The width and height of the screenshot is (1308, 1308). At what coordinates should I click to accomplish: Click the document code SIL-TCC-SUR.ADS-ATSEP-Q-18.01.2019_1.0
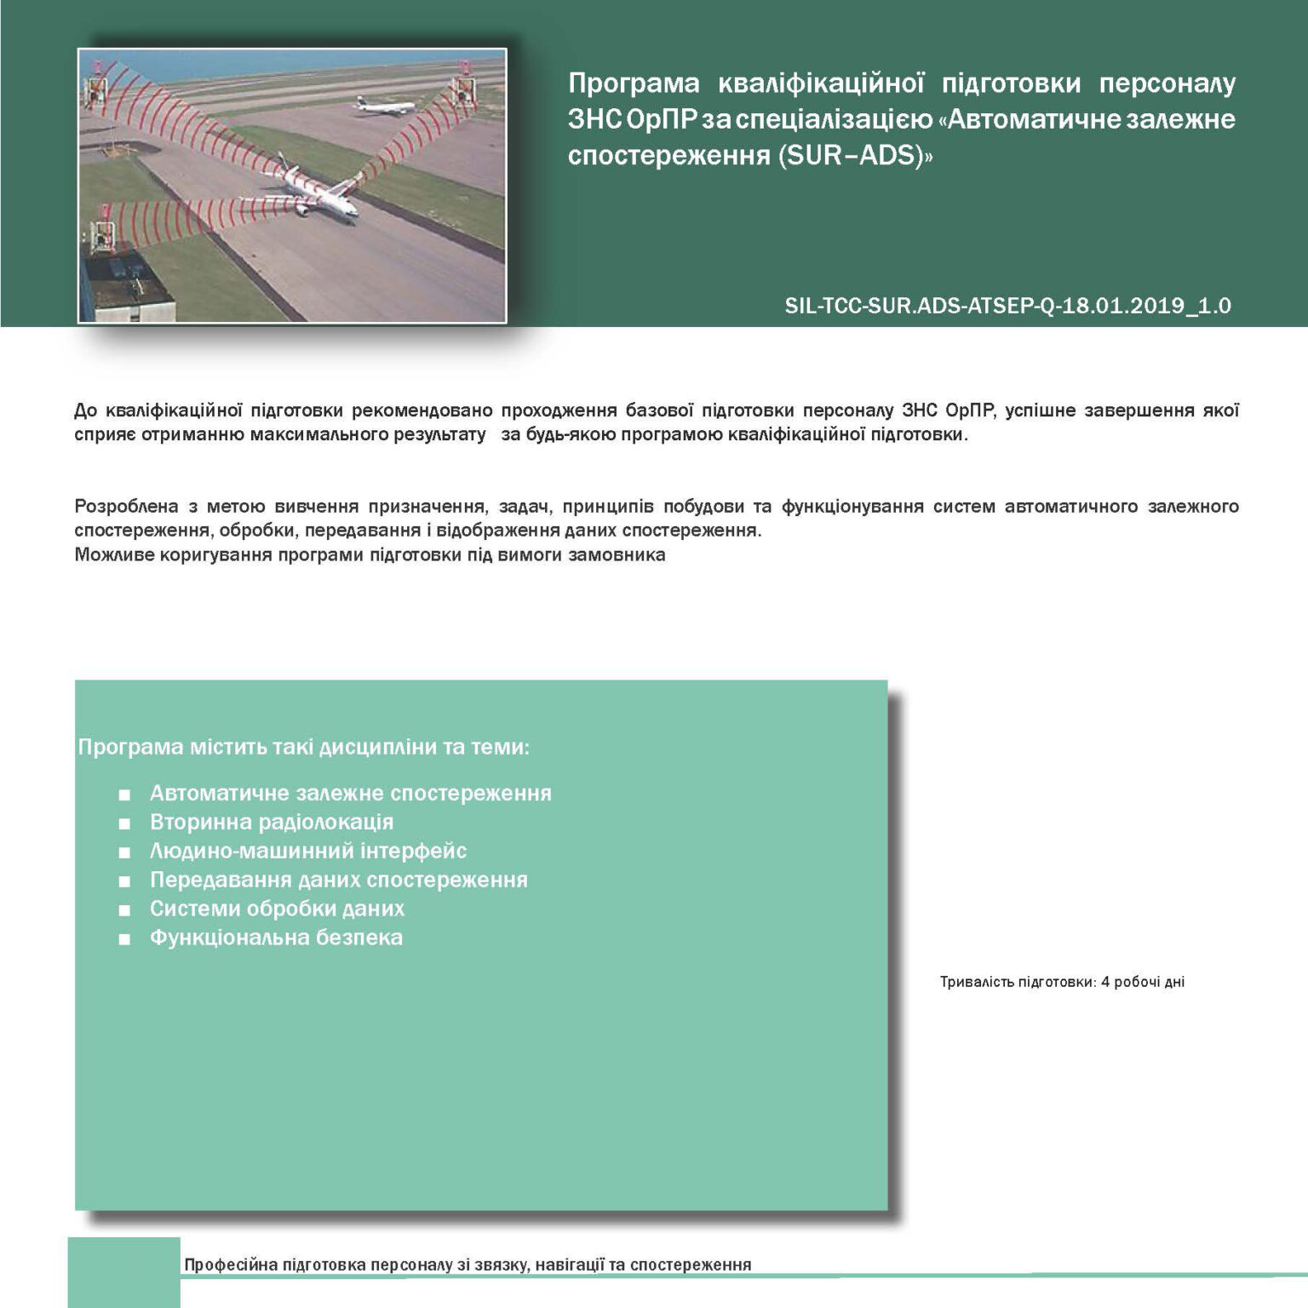pos(1007,306)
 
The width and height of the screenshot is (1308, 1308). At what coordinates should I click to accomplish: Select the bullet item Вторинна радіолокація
pos(271,822)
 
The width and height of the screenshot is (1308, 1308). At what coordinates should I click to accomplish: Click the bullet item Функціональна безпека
pos(276,938)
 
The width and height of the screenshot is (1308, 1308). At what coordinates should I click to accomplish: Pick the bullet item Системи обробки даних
pos(277,909)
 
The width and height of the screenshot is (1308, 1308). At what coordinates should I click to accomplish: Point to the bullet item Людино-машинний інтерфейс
pos(307,851)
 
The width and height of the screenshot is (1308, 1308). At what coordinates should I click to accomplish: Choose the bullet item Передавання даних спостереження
pos(338,880)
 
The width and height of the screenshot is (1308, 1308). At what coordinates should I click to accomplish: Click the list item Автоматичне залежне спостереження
pos(350,793)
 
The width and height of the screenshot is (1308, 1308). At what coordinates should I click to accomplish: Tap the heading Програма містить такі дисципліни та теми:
pos(303,747)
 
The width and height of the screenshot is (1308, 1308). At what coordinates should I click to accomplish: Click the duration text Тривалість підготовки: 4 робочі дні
pos(1062,982)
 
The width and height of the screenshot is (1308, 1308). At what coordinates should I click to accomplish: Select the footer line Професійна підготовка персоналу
pos(468,1265)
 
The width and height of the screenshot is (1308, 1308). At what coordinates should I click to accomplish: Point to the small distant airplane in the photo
pos(384,106)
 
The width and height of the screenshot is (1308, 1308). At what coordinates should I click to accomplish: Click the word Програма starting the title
pos(633,83)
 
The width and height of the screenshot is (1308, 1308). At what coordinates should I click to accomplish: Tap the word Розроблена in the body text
pos(126,507)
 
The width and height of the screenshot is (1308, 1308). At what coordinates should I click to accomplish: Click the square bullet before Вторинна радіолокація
pos(125,823)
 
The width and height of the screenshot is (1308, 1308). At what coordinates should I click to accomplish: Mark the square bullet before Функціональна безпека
pos(125,939)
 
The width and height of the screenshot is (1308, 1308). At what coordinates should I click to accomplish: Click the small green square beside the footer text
pos(123,1271)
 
